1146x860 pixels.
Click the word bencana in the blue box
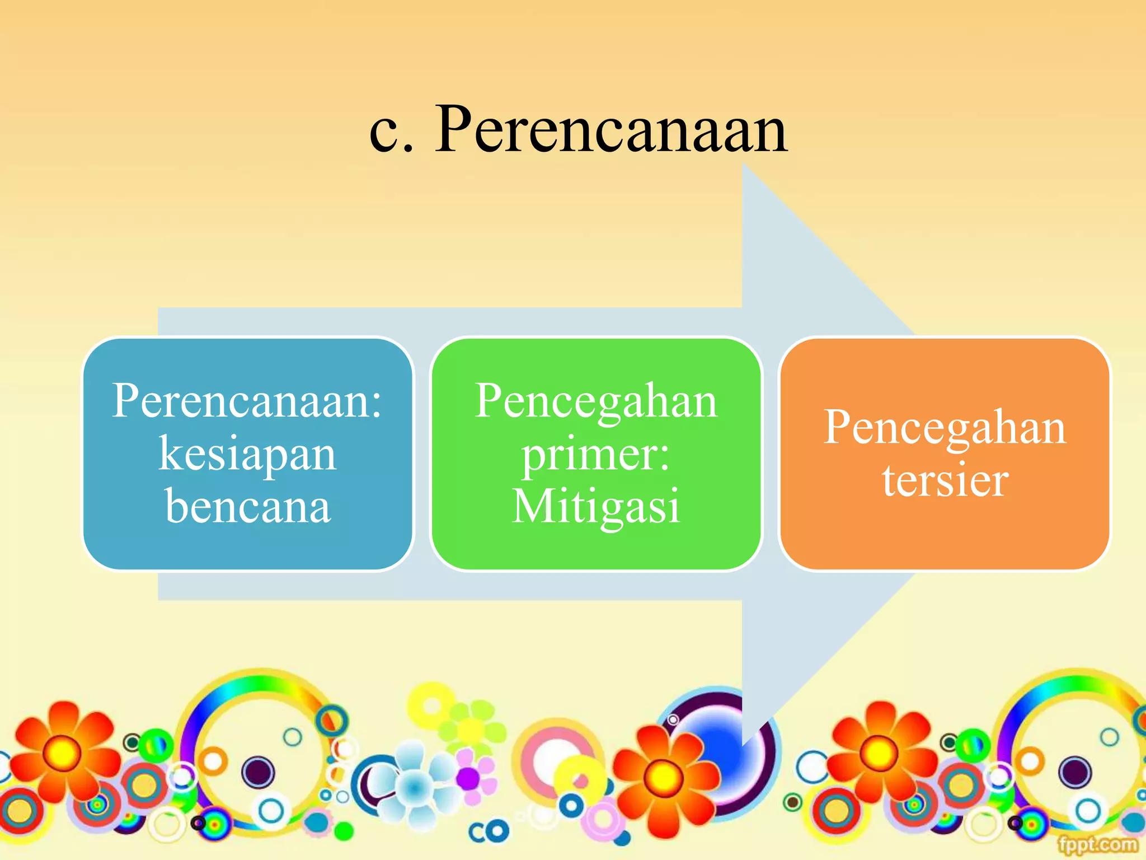pyautogui.click(x=247, y=506)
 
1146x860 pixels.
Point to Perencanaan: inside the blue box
pyautogui.click(x=247, y=401)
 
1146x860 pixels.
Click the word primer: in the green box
pyautogui.click(x=595, y=455)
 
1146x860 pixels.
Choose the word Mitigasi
pyautogui.click(x=595, y=506)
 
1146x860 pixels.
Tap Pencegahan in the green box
pyautogui.click(x=595, y=401)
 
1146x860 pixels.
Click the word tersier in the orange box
pyautogui.click(x=945, y=480)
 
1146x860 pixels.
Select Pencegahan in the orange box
pyautogui.click(x=945, y=428)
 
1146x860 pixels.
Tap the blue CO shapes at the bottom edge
pyautogui.click(x=489, y=832)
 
